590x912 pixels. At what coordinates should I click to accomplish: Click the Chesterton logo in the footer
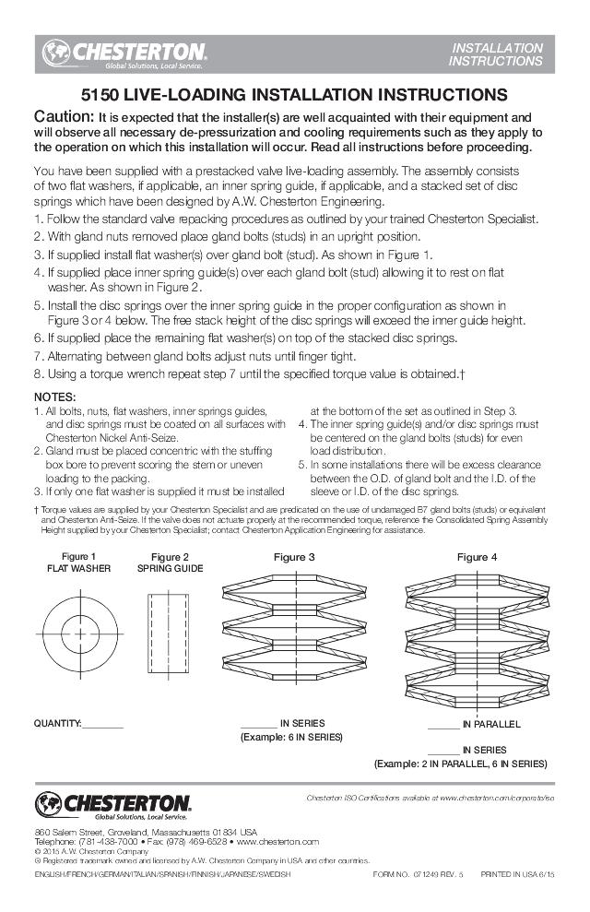[113, 805]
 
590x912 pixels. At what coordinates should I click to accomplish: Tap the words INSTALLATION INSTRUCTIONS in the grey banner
[495, 54]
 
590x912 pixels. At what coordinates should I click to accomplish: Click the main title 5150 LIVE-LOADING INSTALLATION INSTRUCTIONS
[294, 94]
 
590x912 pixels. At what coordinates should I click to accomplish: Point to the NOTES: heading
[54, 396]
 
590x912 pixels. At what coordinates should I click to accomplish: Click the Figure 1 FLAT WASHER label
[78, 563]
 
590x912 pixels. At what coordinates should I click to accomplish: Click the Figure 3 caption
[294, 557]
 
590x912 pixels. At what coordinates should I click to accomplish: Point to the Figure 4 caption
[477, 557]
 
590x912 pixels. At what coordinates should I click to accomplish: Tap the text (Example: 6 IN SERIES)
[291, 738]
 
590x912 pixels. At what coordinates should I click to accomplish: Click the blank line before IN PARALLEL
[443, 726]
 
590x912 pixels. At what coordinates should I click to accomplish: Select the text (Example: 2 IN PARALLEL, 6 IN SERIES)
[460, 764]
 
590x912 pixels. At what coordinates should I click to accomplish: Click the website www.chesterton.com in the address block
[277, 841]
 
